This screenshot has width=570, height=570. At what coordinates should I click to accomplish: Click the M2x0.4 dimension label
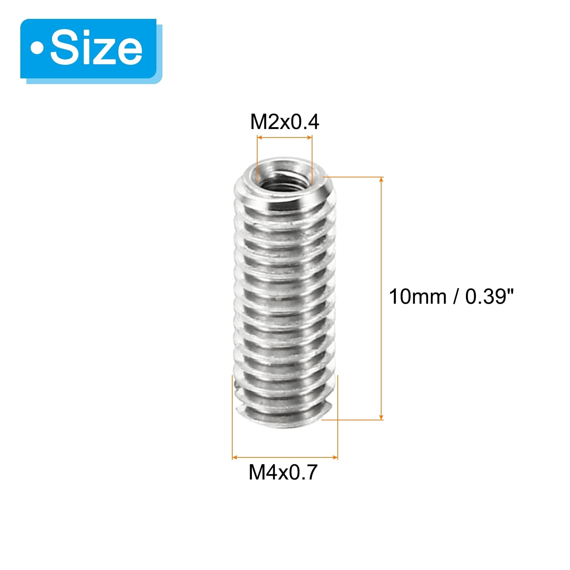point(285,122)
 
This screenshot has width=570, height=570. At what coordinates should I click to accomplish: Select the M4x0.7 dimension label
point(283,472)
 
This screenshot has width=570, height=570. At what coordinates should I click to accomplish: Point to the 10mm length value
point(418,296)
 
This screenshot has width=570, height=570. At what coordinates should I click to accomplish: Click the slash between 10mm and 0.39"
point(456,296)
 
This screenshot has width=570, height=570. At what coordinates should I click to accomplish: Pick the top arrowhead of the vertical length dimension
point(381,180)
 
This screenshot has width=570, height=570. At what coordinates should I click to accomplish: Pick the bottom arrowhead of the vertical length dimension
point(381,417)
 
